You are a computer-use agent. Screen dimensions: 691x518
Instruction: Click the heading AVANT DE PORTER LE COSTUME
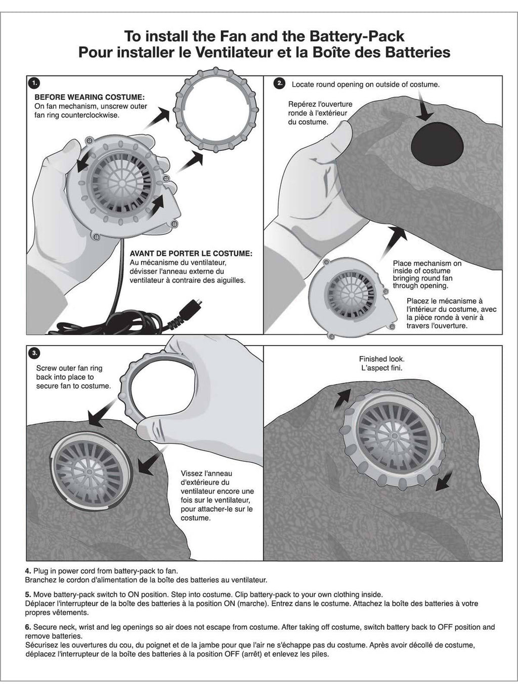pyautogui.click(x=191, y=254)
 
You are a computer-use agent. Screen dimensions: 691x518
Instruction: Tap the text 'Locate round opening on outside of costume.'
pyautogui.click(x=366, y=85)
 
